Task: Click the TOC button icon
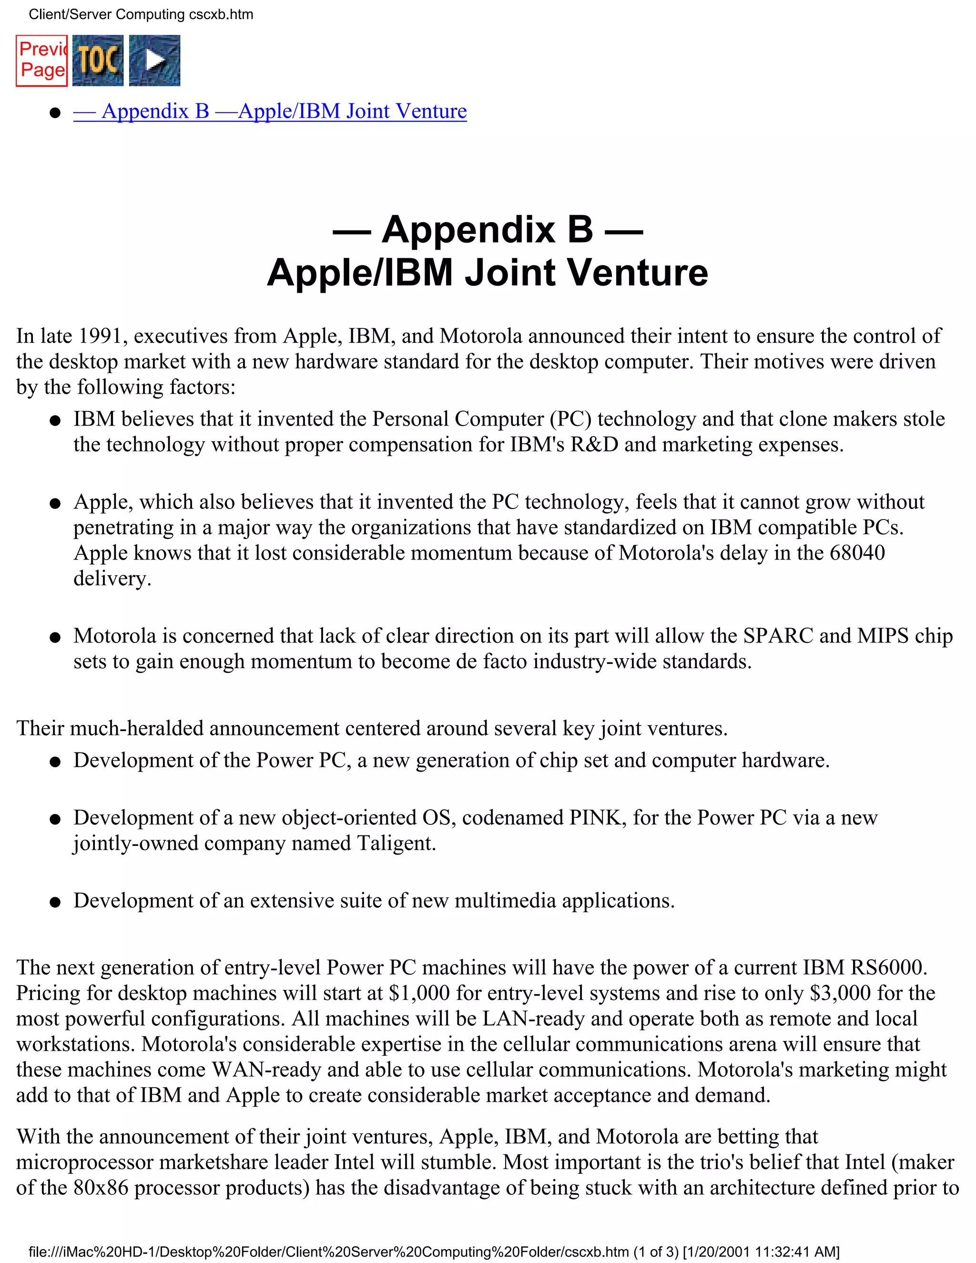click(x=98, y=60)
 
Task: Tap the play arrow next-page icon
click(x=154, y=60)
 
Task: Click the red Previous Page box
click(x=41, y=60)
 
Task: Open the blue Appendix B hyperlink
click(x=270, y=111)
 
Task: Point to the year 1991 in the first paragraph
click(x=100, y=336)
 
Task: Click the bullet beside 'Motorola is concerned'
click(x=55, y=638)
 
